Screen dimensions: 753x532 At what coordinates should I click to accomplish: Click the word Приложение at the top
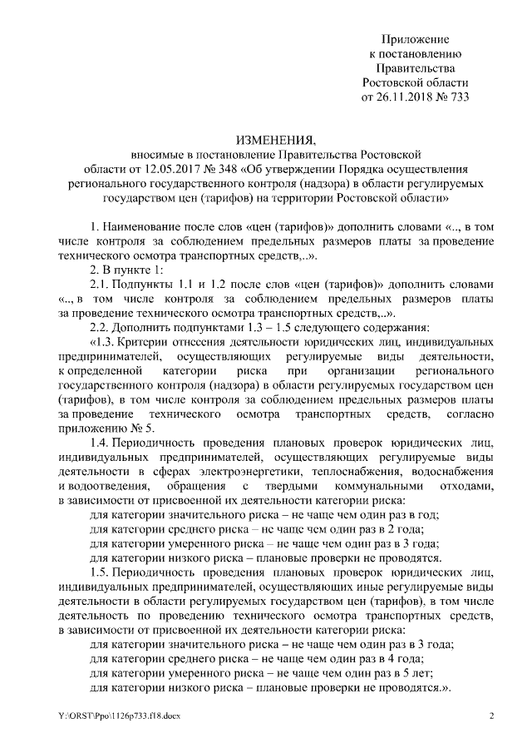click(416, 39)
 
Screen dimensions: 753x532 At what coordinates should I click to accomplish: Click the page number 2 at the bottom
click(491, 716)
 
